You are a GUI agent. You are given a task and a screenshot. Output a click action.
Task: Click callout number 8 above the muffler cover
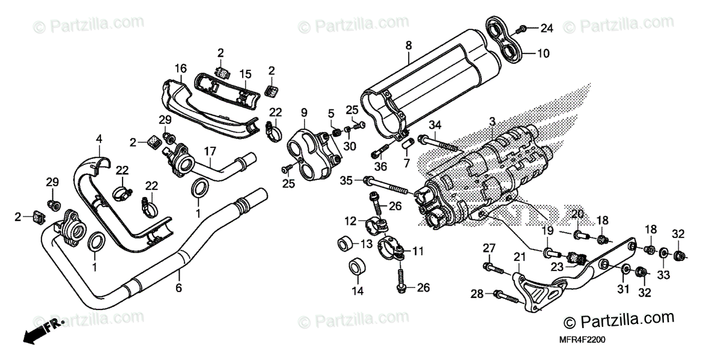click(x=409, y=45)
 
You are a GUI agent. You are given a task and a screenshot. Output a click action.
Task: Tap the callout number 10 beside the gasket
click(x=543, y=53)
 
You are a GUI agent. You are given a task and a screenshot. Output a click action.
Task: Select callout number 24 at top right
click(x=546, y=28)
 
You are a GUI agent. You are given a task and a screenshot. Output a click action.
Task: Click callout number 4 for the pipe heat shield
click(x=99, y=139)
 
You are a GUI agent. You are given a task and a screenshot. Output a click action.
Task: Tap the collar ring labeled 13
click(x=345, y=244)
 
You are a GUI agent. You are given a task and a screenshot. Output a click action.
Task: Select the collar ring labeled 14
click(x=357, y=267)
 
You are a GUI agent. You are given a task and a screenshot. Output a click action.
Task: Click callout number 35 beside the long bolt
click(x=345, y=180)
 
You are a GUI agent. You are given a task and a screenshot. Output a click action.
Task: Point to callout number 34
click(x=435, y=125)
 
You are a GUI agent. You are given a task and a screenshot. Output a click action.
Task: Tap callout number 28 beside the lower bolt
click(x=476, y=294)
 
